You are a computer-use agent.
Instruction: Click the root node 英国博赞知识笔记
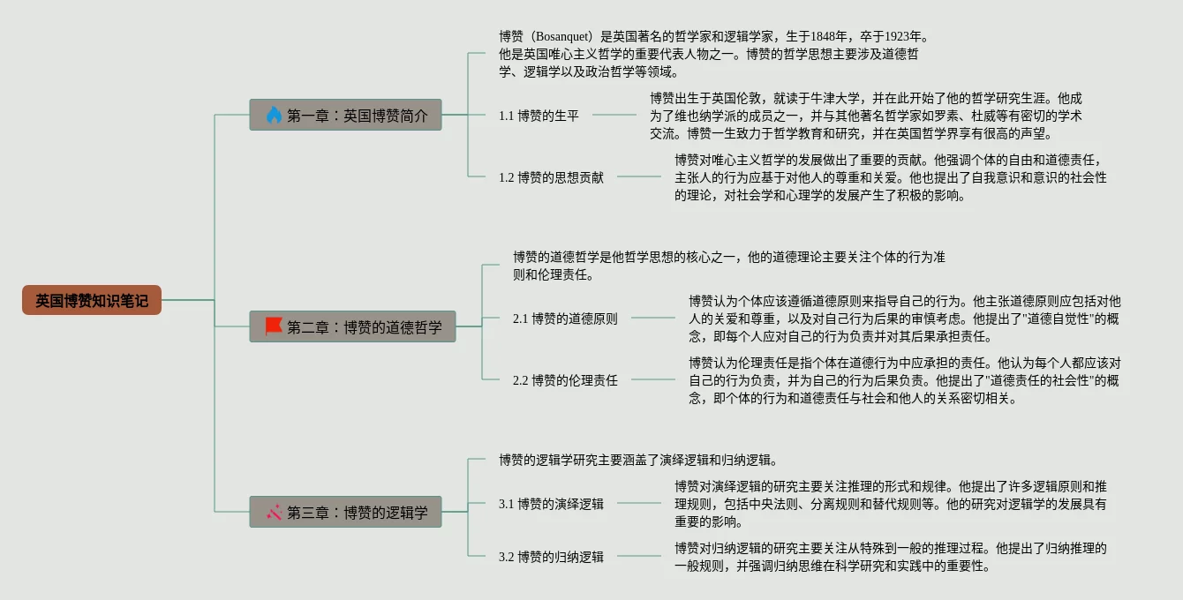coord(92,300)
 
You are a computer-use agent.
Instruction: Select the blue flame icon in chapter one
coord(274,115)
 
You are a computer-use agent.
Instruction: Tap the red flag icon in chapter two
coord(274,326)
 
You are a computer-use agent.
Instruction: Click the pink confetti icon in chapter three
coord(274,512)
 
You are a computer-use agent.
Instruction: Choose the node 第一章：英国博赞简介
coord(345,115)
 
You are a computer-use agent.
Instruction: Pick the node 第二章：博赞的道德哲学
coord(352,326)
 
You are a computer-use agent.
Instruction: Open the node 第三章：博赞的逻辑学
coord(345,512)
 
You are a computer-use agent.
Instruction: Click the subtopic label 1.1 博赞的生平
coord(539,116)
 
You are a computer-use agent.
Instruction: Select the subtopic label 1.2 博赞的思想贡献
coord(551,177)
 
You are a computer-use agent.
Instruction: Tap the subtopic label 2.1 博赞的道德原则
coord(565,319)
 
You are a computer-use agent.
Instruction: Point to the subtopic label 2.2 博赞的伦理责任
coord(565,380)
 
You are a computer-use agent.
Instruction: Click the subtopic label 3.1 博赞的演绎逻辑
coord(551,504)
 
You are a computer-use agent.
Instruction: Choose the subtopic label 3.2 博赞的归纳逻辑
coord(551,557)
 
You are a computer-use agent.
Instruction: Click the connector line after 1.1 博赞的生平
coord(614,115)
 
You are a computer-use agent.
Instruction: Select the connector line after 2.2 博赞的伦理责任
coord(652,379)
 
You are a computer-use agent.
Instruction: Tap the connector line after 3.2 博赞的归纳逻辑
coord(638,556)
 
